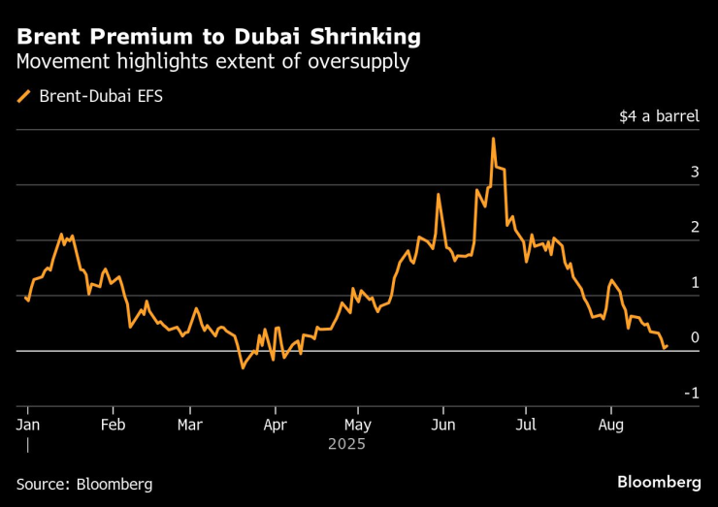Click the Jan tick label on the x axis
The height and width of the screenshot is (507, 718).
[x=27, y=425]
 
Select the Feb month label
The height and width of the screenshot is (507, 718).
[x=113, y=425]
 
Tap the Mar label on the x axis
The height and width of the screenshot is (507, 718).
[x=190, y=425]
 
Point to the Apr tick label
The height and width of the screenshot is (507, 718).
[x=276, y=425]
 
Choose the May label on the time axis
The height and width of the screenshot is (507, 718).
[x=358, y=425]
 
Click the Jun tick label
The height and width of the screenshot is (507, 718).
[x=443, y=425]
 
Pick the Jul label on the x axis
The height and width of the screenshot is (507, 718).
[x=525, y=425]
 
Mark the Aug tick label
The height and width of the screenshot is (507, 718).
[x=610, y=425]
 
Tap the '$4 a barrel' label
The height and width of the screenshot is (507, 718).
[x=659, y=116]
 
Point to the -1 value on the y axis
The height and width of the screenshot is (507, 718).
[x=691, y=393]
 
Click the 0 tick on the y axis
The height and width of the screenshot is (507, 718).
[x=695, y=337]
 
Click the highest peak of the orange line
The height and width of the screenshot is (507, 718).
[x=494, y=139]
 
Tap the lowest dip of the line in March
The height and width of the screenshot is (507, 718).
[x=243, y=368]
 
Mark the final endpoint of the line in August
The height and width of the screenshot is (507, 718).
[x=667, y=346]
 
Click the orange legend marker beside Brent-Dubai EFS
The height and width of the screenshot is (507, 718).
[x=23, y=96]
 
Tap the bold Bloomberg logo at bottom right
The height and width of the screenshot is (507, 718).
[x=659, y=482]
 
